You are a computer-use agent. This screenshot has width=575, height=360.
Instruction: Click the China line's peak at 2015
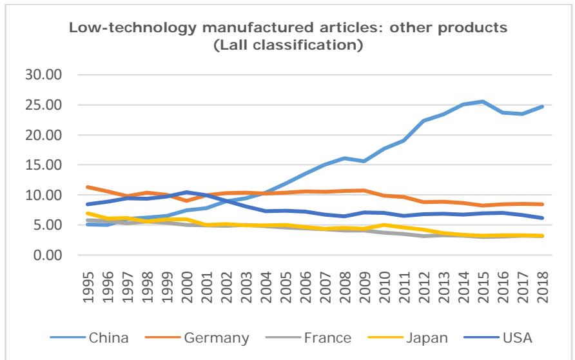[x=482, y=102]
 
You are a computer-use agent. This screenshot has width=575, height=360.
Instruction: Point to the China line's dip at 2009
[x=364, y=161]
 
